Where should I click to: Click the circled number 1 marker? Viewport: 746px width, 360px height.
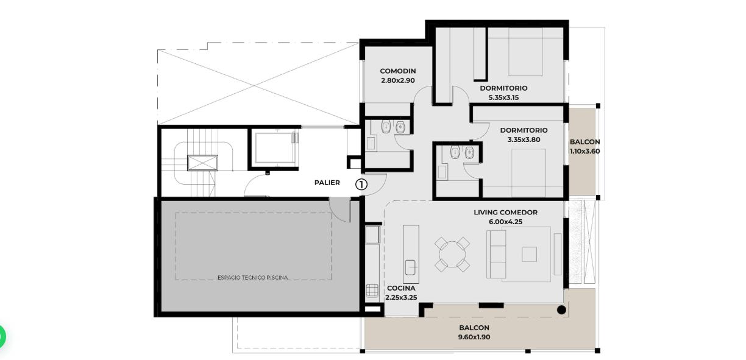pos(361,185)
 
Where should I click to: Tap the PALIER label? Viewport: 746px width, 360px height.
pos(327,183)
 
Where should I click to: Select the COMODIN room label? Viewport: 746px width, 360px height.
pos(397,71)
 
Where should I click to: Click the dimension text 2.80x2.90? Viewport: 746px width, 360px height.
pos(397,80)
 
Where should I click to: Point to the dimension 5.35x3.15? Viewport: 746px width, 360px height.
pos(503,97)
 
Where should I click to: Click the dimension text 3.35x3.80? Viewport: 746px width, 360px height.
pos(524,139)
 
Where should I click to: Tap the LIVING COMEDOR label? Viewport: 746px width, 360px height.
pos(505,212)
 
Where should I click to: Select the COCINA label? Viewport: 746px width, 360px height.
pos(401,288)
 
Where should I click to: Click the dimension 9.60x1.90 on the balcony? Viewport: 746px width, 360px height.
pos(474,337)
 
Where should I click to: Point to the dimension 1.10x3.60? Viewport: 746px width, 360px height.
pos(584,152)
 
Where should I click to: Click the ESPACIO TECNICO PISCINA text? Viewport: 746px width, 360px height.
pos(252,277)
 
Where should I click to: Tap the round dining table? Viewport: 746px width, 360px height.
pos(452,255)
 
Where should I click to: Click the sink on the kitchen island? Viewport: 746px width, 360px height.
pos(410,267)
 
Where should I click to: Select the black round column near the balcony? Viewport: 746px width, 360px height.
pos(561,310)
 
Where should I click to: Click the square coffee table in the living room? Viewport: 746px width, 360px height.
pos(529,255)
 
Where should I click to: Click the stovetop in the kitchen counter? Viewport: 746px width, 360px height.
pos(372,291)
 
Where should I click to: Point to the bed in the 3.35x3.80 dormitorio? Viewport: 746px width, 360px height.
pos(528,173)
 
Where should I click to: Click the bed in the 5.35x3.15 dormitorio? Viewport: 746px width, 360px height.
pos(525,52)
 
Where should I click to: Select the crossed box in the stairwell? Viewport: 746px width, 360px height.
pos(202,163)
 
